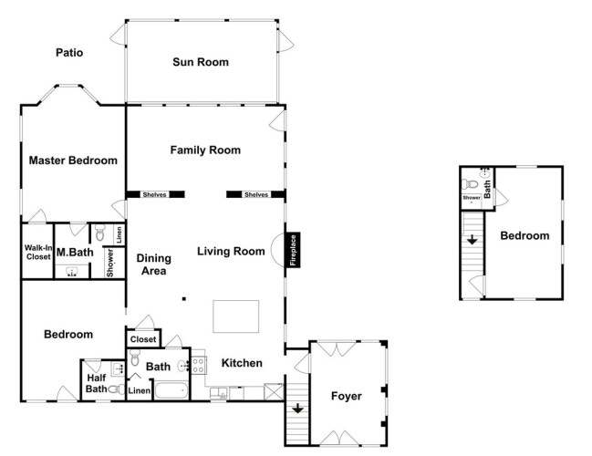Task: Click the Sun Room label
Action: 201,62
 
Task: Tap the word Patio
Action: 69,53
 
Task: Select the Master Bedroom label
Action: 73,161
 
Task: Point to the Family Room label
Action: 205,150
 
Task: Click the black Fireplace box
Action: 294,250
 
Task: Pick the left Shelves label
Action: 155,195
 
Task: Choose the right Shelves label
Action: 256,195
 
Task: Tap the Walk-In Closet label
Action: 38,252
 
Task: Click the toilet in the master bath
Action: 99,233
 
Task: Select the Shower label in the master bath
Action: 110,263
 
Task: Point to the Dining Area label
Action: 153,264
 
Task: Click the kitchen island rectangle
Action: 236,316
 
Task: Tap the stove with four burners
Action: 199,366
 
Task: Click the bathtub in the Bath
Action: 171,390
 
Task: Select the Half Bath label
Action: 97,383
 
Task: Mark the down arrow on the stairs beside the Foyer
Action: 297,408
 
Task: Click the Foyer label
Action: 347,396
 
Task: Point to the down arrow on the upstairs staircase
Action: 472,240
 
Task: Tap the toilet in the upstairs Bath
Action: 470,184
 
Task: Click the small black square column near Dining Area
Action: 184,299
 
